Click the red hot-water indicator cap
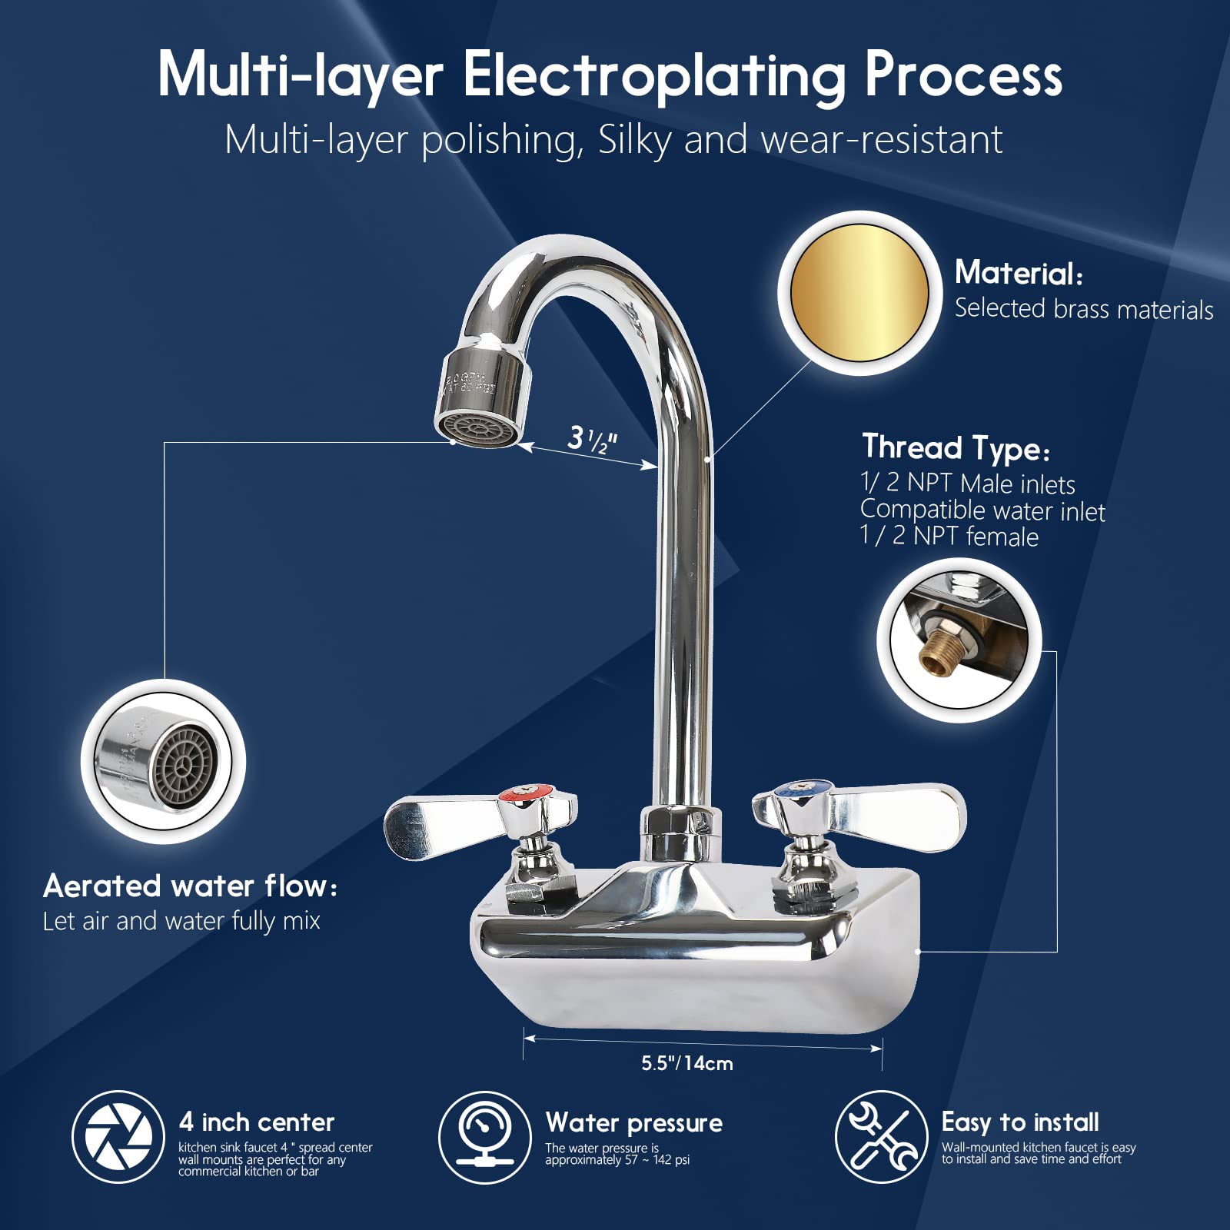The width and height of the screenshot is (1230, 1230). [x=526, y=793]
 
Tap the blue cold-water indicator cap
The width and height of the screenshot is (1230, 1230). [x=792, y=788]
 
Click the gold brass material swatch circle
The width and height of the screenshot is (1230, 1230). [x=859, y=293]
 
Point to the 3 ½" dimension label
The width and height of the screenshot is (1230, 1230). [x=592, y=440]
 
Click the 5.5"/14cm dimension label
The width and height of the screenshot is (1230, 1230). [x=687, y=1063]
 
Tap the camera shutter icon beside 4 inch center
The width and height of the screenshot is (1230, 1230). [x=118, y=1136]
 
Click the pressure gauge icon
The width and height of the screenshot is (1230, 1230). [x=484, y=1136]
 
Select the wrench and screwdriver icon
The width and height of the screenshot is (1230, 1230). [x=881, y=1136]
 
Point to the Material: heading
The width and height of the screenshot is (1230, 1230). [x=1019, y=273]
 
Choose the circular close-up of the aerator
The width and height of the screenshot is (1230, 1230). [x=164, y=761]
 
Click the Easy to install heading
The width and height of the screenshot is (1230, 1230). [x=1020, y=1122]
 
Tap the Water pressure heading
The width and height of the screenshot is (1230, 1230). [x=633, y=1123]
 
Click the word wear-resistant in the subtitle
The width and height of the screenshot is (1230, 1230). [x=881, y=141]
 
